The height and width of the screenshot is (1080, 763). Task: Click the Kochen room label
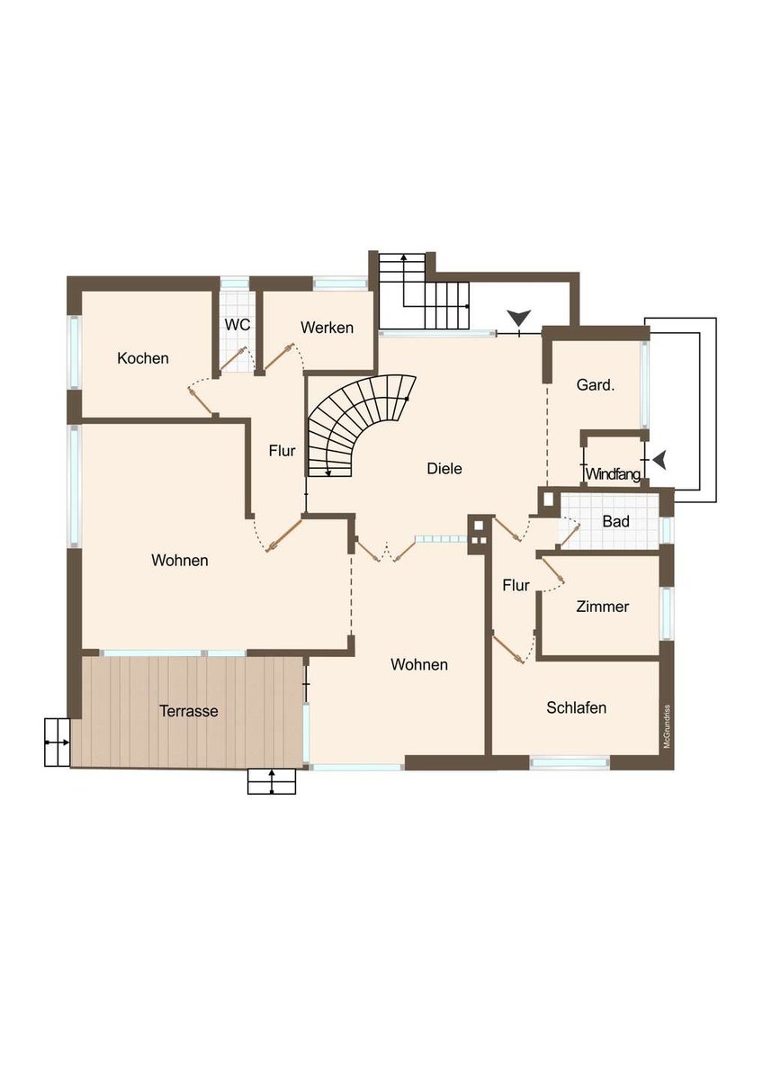click(x=143, y=358)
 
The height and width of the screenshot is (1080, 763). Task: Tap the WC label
click(x=238, y=325)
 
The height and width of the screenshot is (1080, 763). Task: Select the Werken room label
click(x=327, y=328)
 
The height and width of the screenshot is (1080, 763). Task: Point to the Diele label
click(x=444, y=468)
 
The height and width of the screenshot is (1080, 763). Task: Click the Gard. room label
click(x=596, y=385)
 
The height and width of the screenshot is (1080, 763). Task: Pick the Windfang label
click(x=613, y=474)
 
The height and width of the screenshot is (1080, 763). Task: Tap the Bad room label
click(x=615, y=521)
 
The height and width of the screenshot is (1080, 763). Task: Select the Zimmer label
click(x=603, y=606)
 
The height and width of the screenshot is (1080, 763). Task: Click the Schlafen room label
click(x=576, y=707)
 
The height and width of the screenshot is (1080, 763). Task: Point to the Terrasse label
click(x=188, y=711)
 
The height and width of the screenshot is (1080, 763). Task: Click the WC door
click(x=231, y=359)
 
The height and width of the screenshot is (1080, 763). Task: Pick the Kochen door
click(x=202, y=401)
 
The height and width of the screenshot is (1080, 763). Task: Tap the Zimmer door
click(x=553, y=570)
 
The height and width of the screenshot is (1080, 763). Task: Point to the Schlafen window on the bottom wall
click(x=570, y=762)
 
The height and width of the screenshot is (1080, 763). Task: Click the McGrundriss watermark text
click(x=667, y=726)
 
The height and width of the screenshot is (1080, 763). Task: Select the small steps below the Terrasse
click(x=272, y=781)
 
